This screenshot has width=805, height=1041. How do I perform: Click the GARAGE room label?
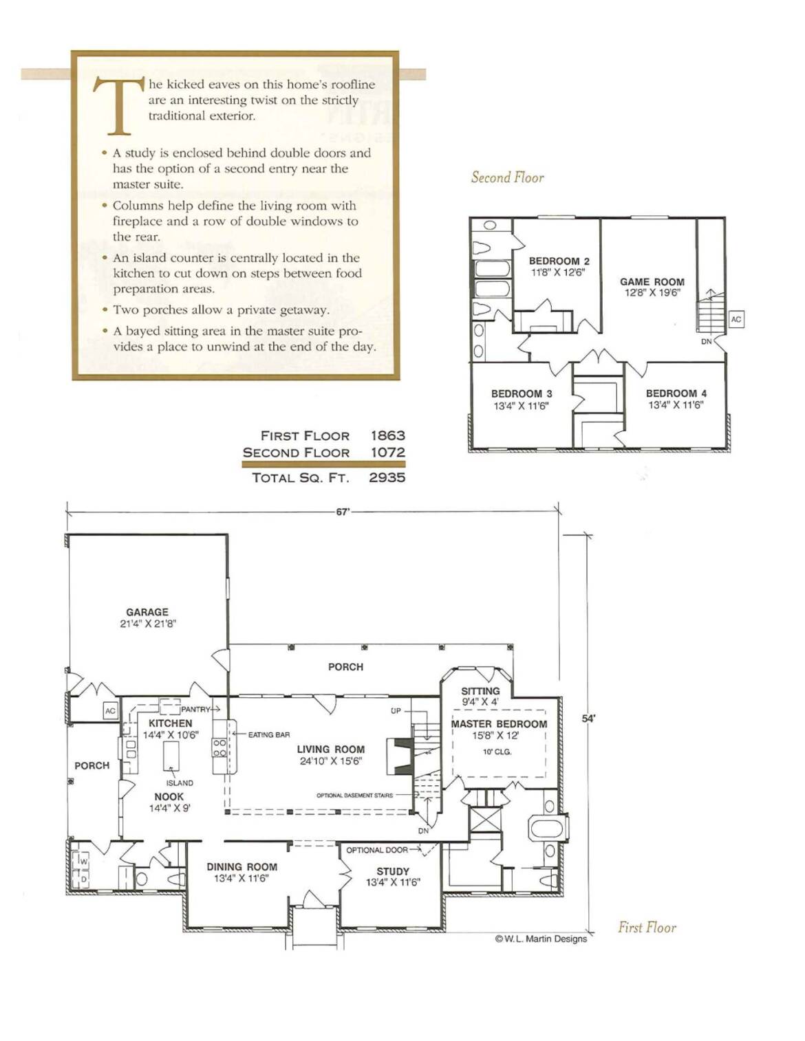(x=147, y=612)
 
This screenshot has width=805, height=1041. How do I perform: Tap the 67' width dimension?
(x=343, y=512)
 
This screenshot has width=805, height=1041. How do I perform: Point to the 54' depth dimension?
(x=588, y=719)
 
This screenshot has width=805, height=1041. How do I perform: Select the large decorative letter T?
(x=118, y=105)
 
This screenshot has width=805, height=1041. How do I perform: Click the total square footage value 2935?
(x=387, y=477)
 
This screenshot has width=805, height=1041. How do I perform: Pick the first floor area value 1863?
(x=387, y=435)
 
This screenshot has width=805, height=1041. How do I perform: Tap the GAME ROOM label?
(x=652, y=282)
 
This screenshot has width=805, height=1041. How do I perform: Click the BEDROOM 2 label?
(x=559, y=261)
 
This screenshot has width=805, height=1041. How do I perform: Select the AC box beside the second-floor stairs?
(x=736, y=319)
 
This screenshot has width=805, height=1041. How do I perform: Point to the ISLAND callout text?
(x=180, y=783)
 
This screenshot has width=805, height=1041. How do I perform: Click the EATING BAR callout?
(x=269, y=735)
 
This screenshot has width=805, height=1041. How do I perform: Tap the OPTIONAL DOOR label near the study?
(x=377, y=851)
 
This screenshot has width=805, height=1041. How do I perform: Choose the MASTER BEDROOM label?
(x=499, y=724)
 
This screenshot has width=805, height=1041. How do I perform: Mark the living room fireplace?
(x=400, y=756)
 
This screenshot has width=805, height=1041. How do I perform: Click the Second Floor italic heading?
(x=508, y=177)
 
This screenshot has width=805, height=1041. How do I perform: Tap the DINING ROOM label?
(x=242, y=867)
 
